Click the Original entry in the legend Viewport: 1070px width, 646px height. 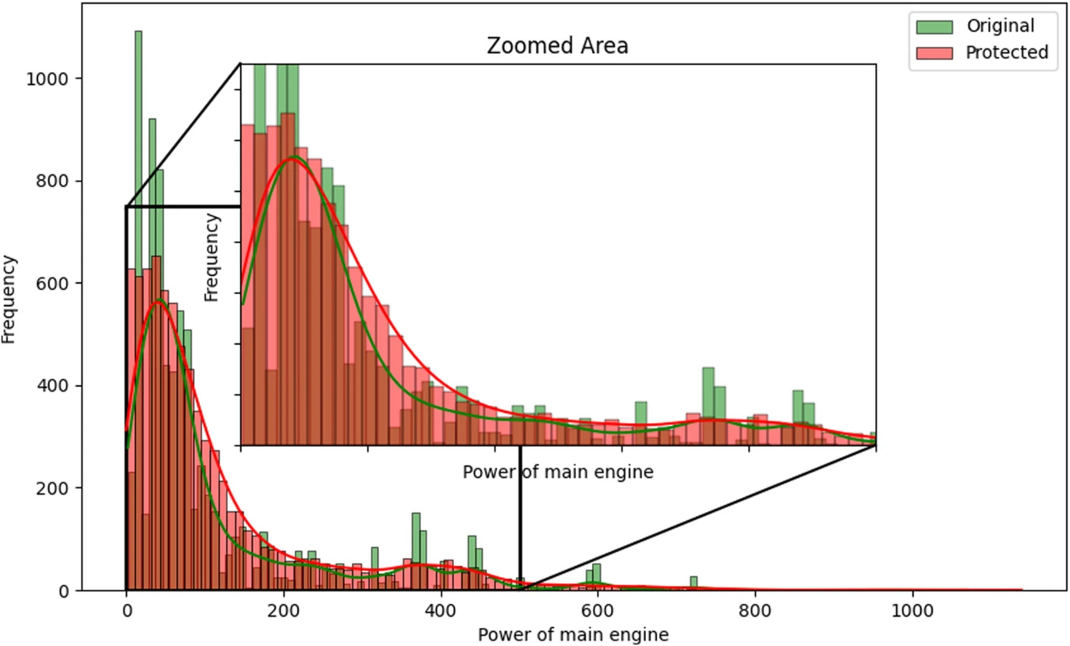click(x=999, y=26)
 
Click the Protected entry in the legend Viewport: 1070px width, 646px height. click(x=1007, y=53)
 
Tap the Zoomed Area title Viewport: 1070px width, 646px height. click(x=557, y=46)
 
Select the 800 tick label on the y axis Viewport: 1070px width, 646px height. click(x=59, y=182)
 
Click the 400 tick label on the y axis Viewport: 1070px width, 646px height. click(x=59, y=387)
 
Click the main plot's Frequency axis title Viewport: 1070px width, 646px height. click(x=10, y=299)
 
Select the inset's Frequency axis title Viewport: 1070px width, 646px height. click(x=212, y=258)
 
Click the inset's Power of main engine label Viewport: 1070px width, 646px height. click(x=557, y=472)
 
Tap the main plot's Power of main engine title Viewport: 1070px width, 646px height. click(x=573, y=634)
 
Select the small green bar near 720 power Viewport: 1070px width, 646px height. click(x=694, y=582)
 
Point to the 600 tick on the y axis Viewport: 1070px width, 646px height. click(x=79, y=284)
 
